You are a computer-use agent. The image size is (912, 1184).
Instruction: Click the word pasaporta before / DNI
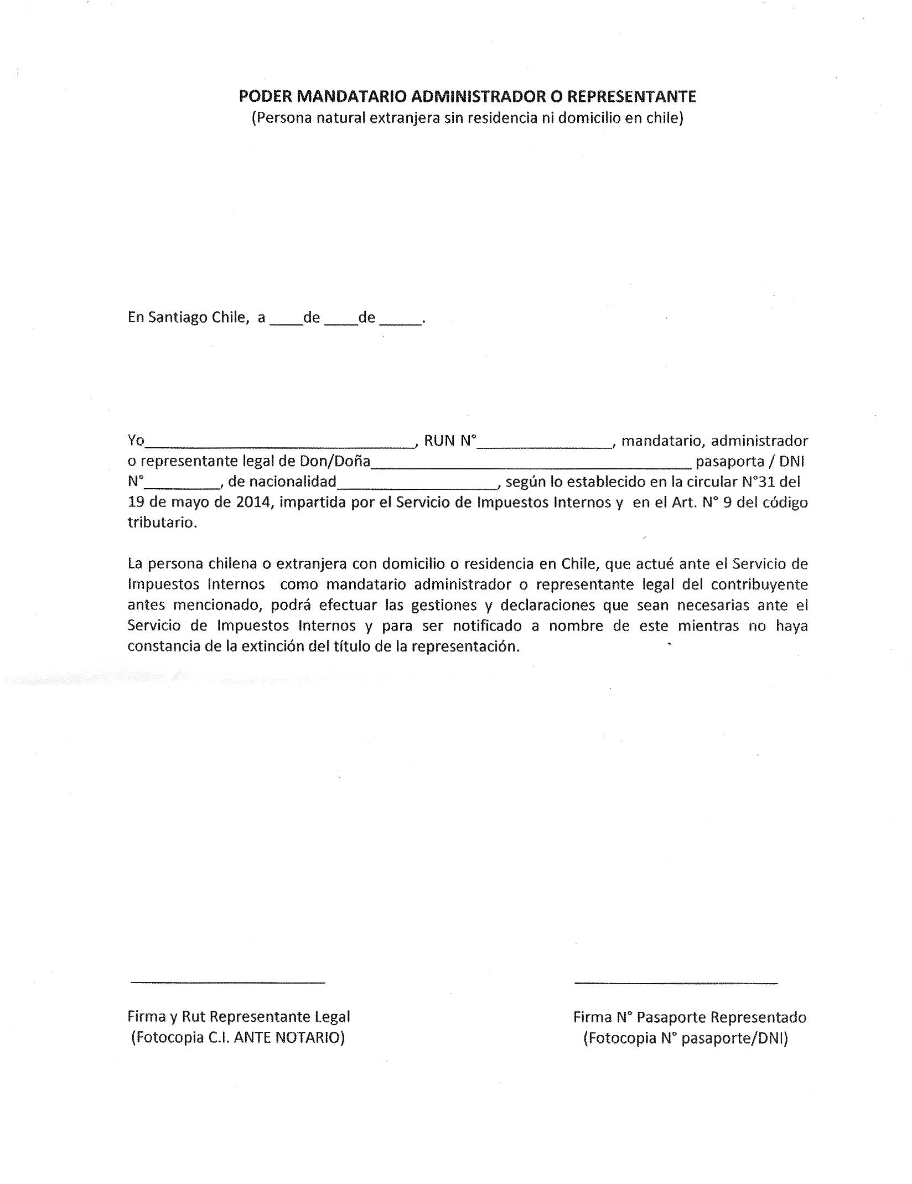730,462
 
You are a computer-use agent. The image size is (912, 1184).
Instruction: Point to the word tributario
162,523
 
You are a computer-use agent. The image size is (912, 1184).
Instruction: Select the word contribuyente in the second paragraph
759,585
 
